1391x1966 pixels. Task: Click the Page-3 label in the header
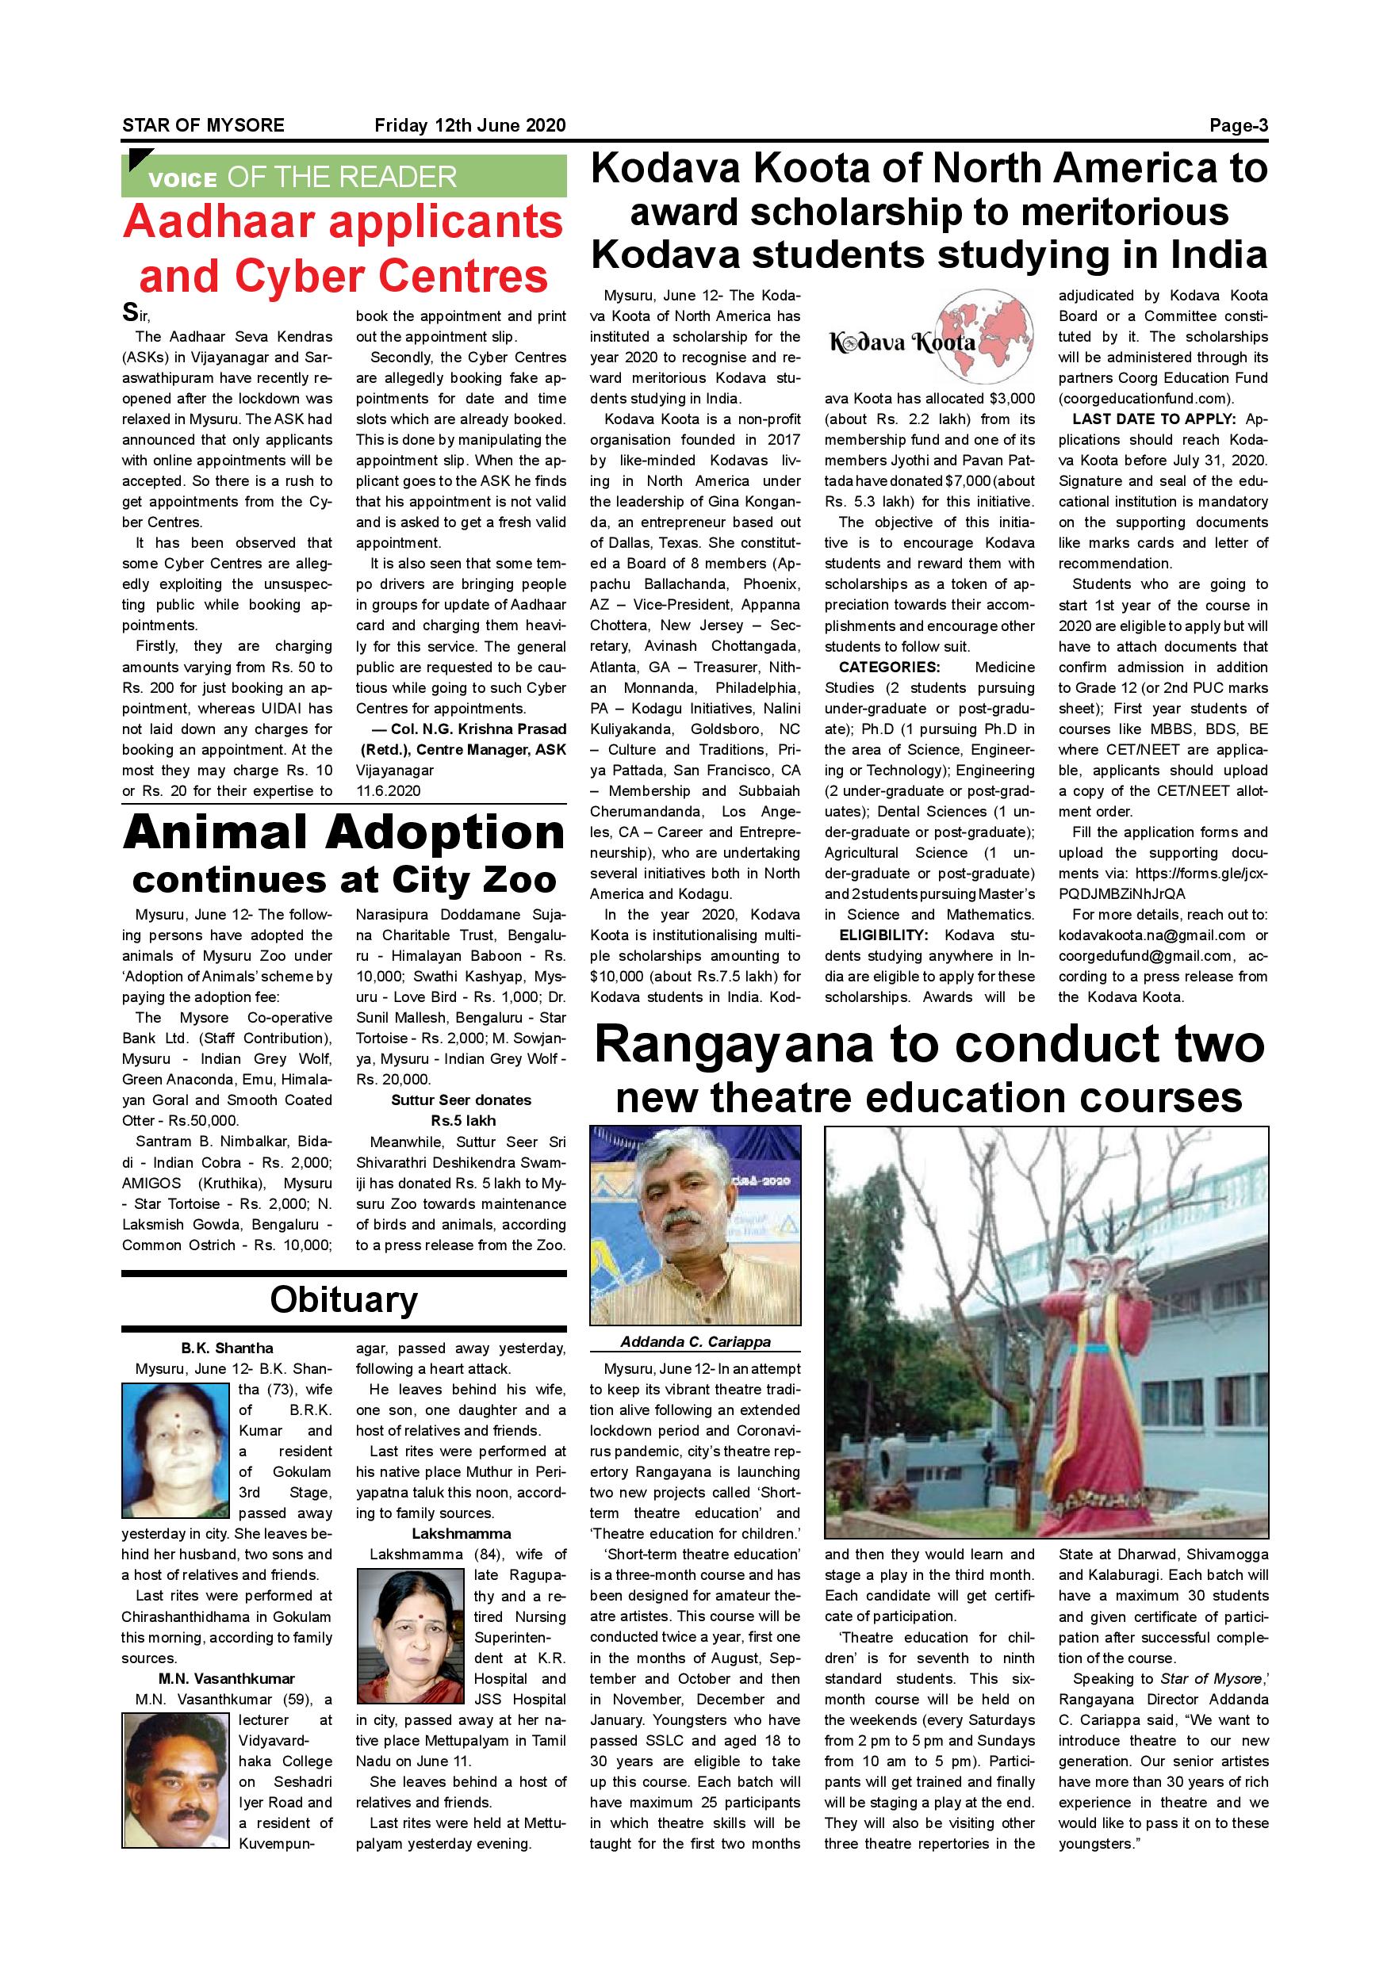point(1238,126)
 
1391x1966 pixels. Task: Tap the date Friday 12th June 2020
point(469,126)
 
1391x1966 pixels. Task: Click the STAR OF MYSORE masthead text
point(203,126)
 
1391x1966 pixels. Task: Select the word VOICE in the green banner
point(182,180)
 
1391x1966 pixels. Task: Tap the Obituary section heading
point(343,1299)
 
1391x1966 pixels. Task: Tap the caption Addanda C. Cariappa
point(695,1342)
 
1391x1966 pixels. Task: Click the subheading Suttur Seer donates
point(461,1100)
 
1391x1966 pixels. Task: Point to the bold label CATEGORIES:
point(889,667)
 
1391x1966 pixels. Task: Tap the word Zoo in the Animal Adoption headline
point(516,880)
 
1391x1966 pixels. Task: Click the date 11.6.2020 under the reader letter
point(388,791)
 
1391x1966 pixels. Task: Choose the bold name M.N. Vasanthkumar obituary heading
point(226,1678)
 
